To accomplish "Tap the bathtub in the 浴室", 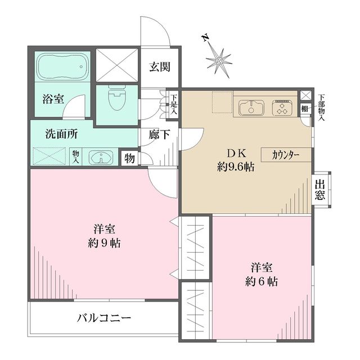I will point(62,68).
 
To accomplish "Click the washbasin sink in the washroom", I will point(101,157).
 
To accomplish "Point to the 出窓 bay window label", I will point(321,190).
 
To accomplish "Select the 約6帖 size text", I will point(262,280).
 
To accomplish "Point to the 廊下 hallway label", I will point(160,135).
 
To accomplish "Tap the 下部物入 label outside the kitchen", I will point(321,107).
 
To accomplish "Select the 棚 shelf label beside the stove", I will point(304,109).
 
